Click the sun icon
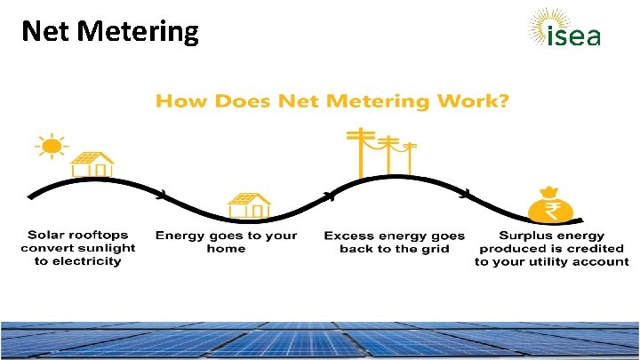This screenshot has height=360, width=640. point(52,146)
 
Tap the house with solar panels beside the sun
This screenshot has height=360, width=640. point(92,165)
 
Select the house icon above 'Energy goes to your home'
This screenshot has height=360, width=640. point(250,206)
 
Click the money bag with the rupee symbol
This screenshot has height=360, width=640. point(551,206)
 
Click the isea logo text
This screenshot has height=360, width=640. point(574,36)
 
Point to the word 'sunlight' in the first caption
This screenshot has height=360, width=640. point(111,248)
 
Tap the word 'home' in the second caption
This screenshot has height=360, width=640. point(226,248)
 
